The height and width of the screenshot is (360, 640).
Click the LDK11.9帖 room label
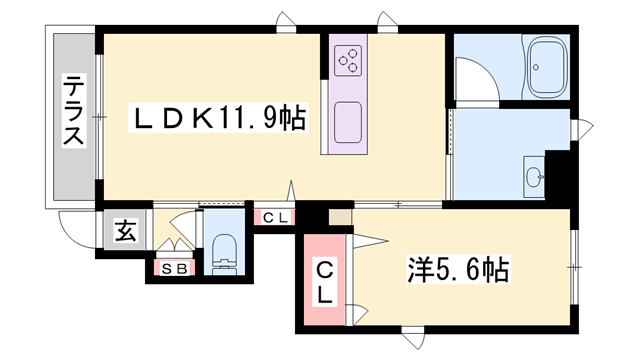[220, 119]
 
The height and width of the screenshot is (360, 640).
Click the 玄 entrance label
[125, 231]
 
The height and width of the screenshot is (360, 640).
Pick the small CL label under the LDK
[275, 217]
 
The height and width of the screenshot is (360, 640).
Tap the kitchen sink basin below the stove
[348, 119]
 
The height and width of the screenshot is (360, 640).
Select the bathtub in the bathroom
[546, 67]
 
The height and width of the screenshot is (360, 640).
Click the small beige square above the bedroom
[340, 215]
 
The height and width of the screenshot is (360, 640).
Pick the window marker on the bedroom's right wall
[575, 268]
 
